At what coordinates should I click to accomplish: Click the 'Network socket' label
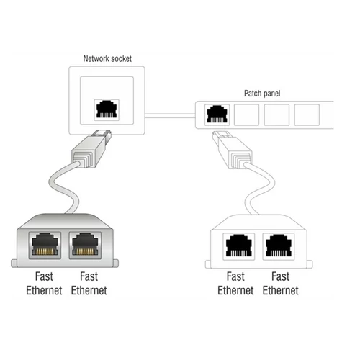pos(107,59)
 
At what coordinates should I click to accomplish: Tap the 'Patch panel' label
pos(262,94)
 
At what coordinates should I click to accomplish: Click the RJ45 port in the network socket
pos(107,109)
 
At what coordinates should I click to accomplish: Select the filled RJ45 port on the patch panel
pos(217,114)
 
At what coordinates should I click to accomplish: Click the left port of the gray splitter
pos(45,246)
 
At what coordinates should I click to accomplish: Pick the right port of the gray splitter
pos(85,246)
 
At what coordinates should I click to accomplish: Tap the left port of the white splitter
pos(239,246)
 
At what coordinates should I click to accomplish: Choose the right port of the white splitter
pos(279,246)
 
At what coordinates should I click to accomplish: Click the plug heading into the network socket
pos(92,148)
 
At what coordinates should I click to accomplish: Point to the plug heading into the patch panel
pos(232,149)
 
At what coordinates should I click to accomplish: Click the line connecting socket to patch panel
pos(170,116)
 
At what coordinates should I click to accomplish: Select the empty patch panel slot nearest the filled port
pos(246,114)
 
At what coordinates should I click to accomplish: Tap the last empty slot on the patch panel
pos(307,114)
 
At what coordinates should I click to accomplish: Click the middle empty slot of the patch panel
pos(276,114)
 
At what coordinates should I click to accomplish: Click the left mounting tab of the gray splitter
pos(14,264)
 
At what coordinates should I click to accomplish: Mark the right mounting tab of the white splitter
pos(310,264)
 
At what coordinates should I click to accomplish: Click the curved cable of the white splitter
pos(261,187)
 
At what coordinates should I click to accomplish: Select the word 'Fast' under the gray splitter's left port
pos(44,276)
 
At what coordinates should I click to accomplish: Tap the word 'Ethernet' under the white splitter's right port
pos(281,291)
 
